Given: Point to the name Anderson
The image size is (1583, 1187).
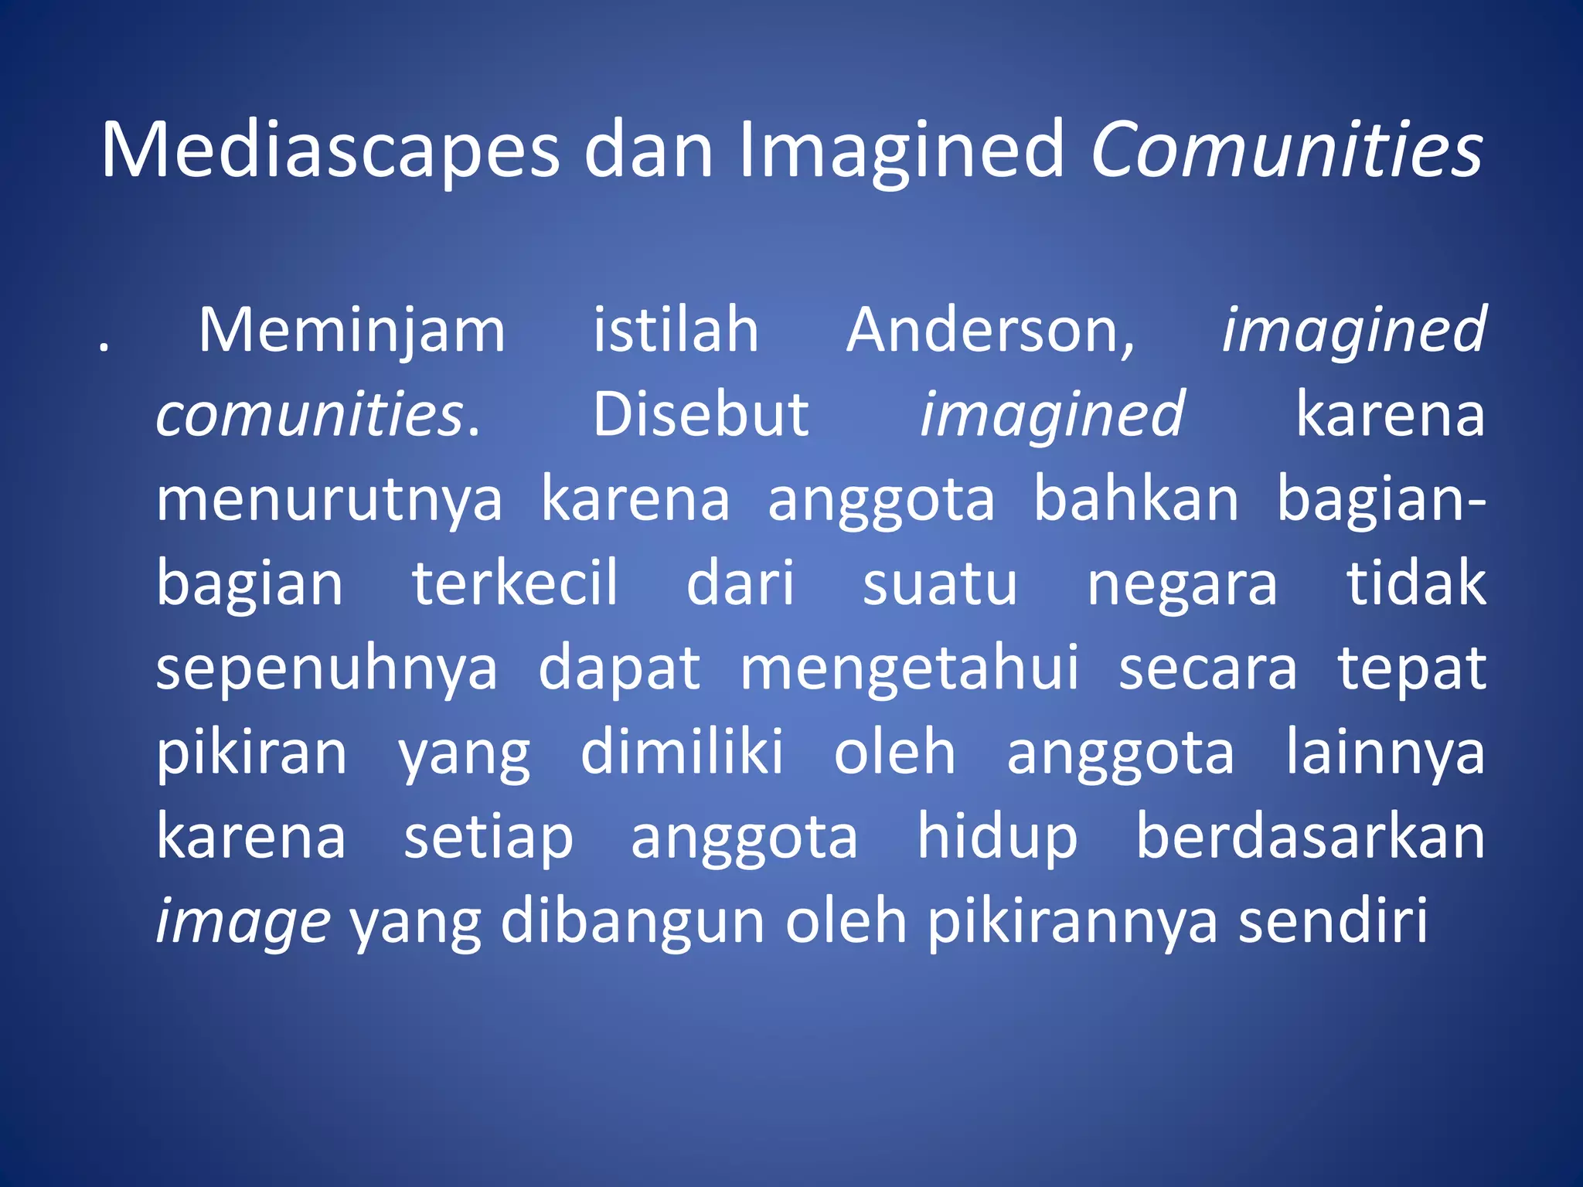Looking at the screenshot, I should [x=990, y=331].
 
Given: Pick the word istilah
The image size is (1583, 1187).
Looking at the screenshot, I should [x=676, y=331].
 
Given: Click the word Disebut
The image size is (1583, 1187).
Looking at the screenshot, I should [x=700, y=415].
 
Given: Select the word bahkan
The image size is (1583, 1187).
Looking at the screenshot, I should [x=1135, y=499].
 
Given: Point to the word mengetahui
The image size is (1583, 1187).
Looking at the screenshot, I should [x=909, y=669].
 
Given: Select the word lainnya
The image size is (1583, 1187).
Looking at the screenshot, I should [x=1385, y=754].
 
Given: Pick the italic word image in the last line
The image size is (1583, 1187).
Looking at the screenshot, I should [x=243, y=924].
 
